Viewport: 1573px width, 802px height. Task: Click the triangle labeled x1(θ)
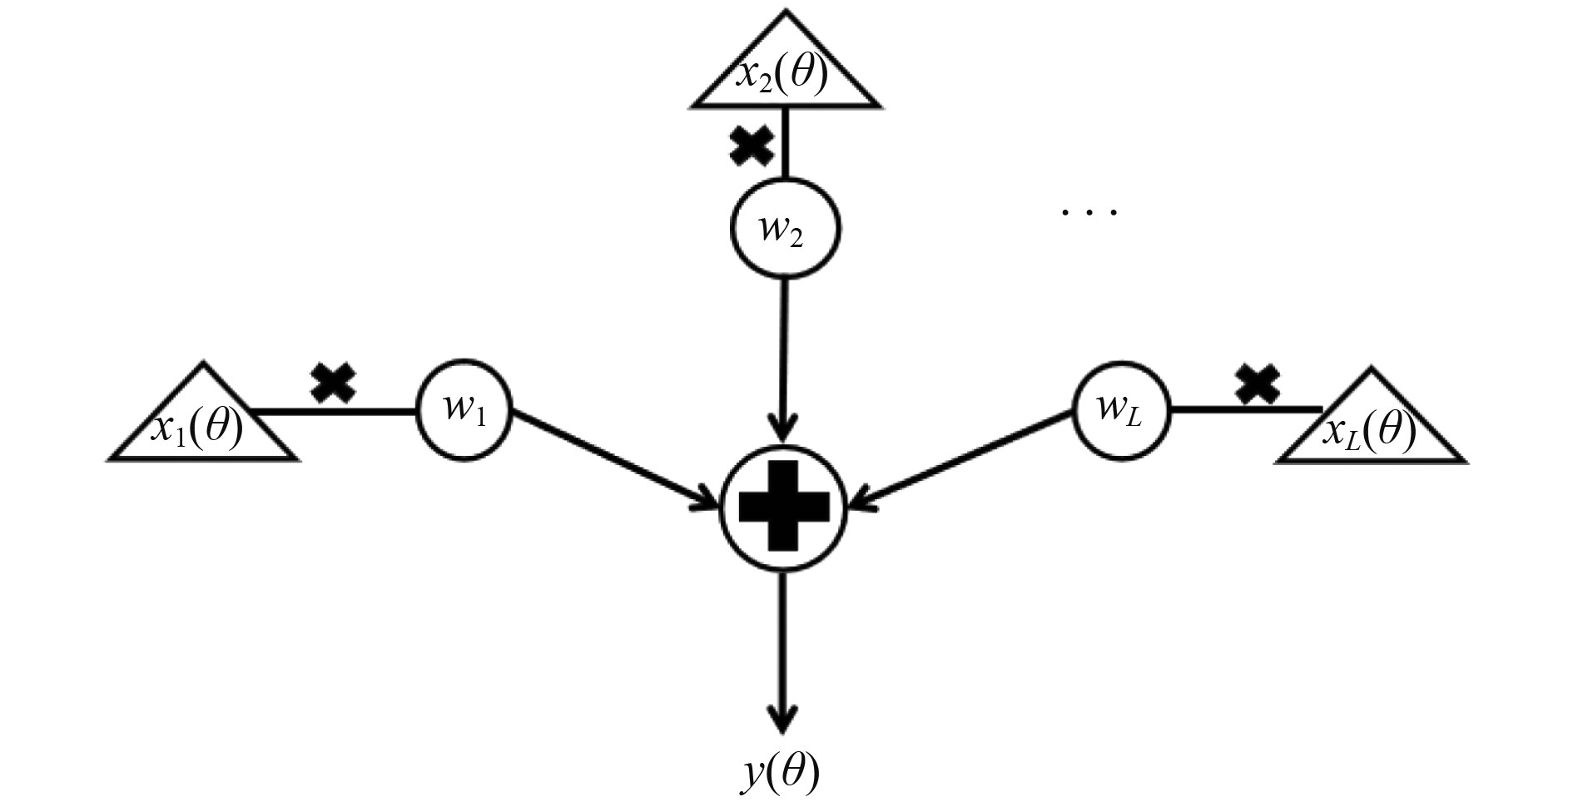[x=202, y=423]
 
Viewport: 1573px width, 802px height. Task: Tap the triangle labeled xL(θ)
[x=1370, y=428]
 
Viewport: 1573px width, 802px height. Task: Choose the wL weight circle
[x=1121, y=409]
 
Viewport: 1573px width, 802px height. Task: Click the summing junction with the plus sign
[x=783, y=508]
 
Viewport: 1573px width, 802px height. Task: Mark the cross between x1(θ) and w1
[x=333, y=384]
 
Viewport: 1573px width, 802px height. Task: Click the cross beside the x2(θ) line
[x=751, y=147]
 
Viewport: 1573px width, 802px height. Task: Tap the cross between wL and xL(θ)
[x=1257, y=384]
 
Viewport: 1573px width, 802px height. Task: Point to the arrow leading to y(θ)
[x=782, y=649]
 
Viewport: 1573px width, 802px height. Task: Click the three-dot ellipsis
[x=1089, y=213]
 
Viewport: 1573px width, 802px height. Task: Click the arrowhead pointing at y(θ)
[x=782, y=719]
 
